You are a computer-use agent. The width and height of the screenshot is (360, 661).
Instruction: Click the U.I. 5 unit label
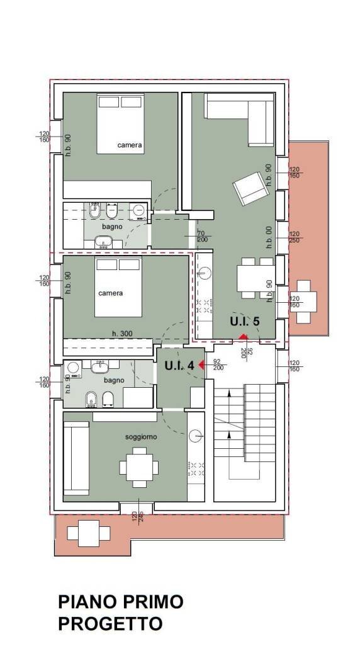pos(244,321)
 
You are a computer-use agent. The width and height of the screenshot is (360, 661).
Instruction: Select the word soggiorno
pos(141,436)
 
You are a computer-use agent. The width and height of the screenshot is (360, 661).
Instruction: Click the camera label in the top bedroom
pos(130,145)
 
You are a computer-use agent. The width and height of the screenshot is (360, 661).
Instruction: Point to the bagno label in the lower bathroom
pos(114,380)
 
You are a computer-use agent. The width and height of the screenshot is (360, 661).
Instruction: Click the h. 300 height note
pos(122,333)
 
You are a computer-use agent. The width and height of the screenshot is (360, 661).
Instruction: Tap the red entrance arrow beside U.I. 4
pos(201,364)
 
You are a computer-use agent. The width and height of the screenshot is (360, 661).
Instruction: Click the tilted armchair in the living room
pos(248,188)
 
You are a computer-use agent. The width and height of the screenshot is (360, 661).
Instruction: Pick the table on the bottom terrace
pos(86,533)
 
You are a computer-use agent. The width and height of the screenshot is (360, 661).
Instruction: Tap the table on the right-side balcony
pos(304,301)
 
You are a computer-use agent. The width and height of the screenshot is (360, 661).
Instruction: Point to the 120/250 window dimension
pos(294,237)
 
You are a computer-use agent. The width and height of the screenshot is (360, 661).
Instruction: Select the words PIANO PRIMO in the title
pos(120,602)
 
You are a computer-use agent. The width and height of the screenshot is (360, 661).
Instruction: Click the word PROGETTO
pos(110,624)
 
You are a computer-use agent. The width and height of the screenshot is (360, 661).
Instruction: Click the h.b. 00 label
pos(269,237)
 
